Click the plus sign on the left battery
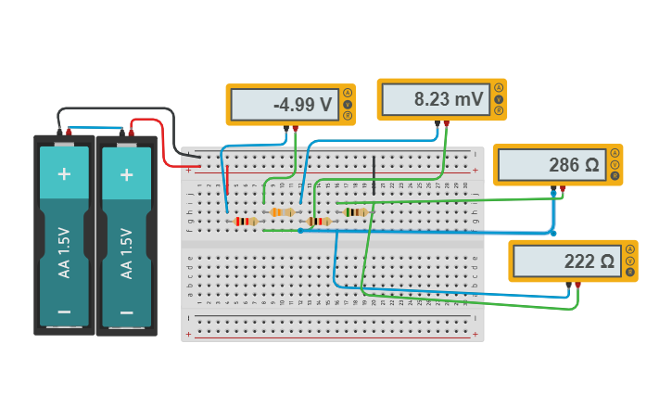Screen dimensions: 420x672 (x=64, y=173)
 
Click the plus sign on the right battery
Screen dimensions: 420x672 (x=126, y=173)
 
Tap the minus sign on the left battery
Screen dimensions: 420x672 (x=64, y=312)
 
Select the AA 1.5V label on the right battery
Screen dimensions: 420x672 (x=126, y=253)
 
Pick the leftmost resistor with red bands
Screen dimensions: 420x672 (x=245, y=222)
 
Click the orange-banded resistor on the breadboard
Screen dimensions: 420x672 (x=282, y=212)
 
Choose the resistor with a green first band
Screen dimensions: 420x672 (x=355, y=212)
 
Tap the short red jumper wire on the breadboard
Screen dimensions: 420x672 (x=226, y=183)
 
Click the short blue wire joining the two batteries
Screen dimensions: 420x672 (x=95, y=128)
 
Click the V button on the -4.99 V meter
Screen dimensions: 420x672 (x=348, y=104)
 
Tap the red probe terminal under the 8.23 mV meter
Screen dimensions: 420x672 (x=447, y=122)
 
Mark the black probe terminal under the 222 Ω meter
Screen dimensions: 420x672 (x=568, y=284)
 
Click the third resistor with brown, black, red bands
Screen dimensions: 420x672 (x=319, y=222)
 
